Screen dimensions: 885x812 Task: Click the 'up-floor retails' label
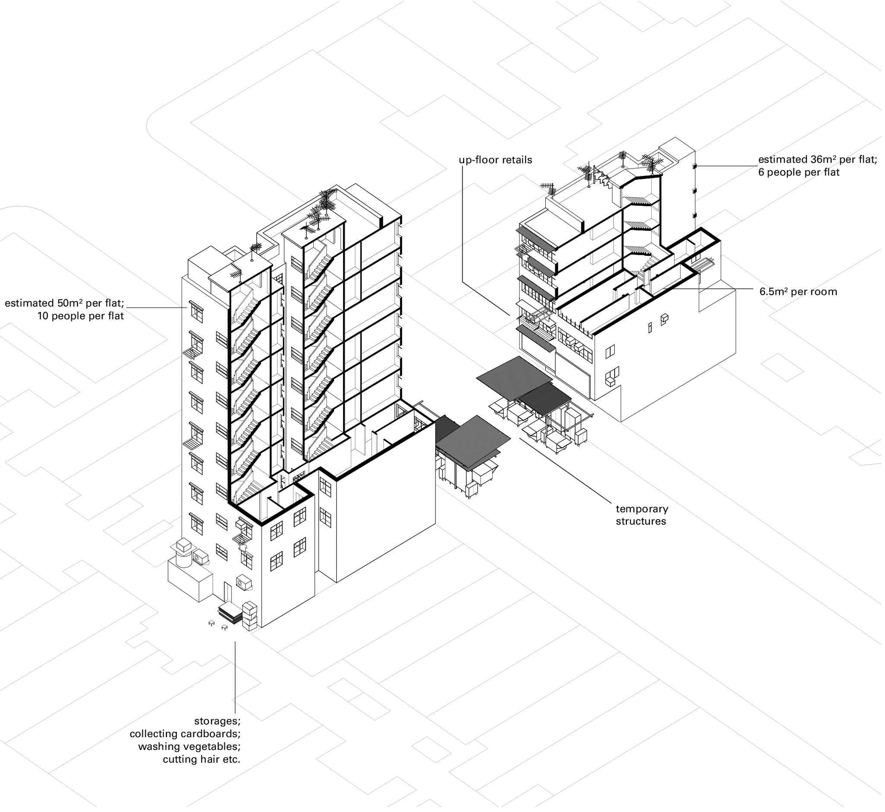(x=495, y=160)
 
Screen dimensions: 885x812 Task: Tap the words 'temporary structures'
(x=642, y=515)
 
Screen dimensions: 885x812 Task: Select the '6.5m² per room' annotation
(x=798, y=292)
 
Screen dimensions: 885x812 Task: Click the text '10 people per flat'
(x=80, y=316)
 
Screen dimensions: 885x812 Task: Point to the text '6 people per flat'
(x=799, y=172)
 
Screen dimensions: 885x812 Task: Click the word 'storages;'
(x=217, y=721)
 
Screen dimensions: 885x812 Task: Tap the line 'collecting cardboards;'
(x=185, y=734)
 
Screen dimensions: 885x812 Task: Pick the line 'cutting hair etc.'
(x=202, y=759)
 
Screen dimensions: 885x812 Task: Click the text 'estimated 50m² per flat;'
(x=64, y=303)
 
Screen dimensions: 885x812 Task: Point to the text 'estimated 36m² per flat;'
(x=818, y=159)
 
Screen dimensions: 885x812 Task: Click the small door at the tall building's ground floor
(x=227, y=593)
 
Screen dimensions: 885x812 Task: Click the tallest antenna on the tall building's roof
(x=326, y=202)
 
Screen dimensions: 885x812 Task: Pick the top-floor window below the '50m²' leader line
(x=197, y=312)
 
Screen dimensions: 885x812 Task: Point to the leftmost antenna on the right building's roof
(x=548, y=189)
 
